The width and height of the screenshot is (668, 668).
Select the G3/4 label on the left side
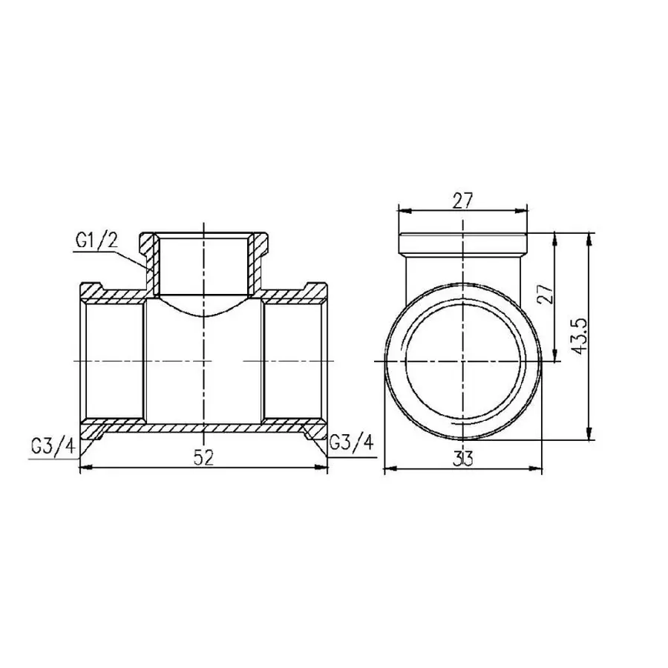[x=53, y=446]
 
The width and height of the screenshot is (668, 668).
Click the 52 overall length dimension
[x=203, y=458]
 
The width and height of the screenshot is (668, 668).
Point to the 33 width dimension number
[x=464, y=459]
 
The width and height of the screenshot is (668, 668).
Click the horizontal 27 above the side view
[x=462, y=200]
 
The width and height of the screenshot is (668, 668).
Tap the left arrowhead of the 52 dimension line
[x=84, y=468]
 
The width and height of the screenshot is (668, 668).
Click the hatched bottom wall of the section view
[x=203, y=430]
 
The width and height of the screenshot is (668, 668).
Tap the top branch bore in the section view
[x=203, y=263]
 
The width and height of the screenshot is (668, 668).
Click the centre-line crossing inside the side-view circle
[x=463, y=361]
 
